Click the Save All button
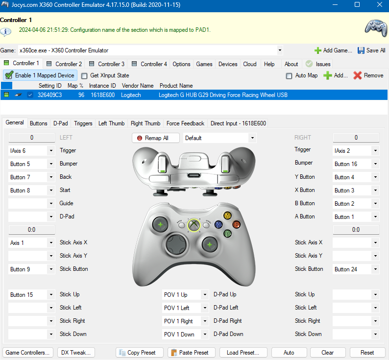point(371,50)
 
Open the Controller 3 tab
point(107,64)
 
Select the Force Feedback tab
point(185,123)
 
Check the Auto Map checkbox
point(289,75)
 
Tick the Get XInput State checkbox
point(84,75)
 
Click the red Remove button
point(368,75)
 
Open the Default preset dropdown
point(220,138)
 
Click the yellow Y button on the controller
point(227,216)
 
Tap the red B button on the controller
point(236,224)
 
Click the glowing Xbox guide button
point(194,225)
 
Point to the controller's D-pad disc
point(176,244)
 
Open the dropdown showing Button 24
point(356,269)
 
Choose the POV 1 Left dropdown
point(185,308)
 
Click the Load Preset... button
point(243,353)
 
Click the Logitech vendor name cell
point(131,95)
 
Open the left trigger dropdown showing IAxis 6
point(31,150)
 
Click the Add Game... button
point(333,50)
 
